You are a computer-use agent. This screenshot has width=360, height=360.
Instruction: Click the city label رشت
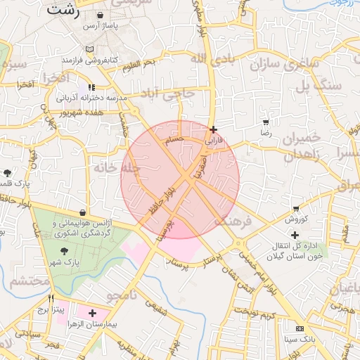click(63, 11)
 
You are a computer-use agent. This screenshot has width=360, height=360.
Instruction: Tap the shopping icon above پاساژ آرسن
click(102, 15)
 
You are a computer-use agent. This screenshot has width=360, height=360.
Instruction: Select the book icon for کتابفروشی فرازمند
click(89, 49)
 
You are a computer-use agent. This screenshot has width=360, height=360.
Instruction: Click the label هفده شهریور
click(82, 111)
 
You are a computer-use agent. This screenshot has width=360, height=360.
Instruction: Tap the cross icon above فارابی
click(213, 129)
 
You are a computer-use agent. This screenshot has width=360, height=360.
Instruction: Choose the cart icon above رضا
click(266, 122)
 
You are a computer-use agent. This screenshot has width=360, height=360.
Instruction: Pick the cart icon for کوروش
click(296, 209)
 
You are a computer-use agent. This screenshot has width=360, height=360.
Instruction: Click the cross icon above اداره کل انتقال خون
click(295, 234)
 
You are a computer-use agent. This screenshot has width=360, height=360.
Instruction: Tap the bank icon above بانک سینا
click(300, 328)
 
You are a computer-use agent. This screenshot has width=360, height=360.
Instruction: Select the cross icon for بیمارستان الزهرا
click(92, 312)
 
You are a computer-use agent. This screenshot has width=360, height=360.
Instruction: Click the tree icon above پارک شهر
click(63, 250)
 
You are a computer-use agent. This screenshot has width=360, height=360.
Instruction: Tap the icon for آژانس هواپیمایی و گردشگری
click(84, 212)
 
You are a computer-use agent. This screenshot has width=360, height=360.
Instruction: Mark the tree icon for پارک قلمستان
click(8, 172)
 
